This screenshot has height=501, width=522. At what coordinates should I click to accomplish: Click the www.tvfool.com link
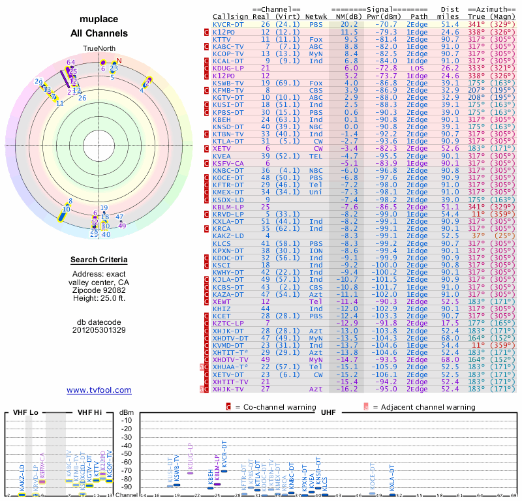99,390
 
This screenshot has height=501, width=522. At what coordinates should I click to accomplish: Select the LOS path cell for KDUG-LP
418,67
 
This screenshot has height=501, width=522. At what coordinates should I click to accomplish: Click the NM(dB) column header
346,16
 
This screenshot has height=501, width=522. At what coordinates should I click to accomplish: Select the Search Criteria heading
99,260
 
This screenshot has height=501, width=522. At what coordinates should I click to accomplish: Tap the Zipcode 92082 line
99,290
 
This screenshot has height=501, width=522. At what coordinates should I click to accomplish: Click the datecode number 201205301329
99,329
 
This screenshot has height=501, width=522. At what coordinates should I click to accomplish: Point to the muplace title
99,20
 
